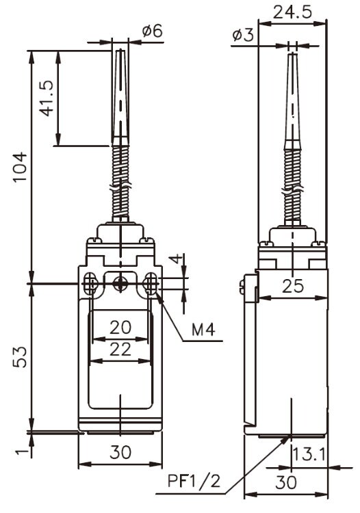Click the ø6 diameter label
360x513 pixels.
pyautogui.click(x=152, y=31)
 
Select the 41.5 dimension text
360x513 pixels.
pyautogui.click(x=45, y=98)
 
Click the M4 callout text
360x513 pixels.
pyautogui.click(x=203, y=330)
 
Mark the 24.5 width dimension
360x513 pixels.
pyautogui.click(x=292, y=12)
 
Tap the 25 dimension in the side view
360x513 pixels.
pyautogui.click(x=293, y=287)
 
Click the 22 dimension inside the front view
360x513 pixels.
pyautogui.click(x=120, y=349)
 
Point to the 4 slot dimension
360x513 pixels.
pyautogui.click(x=177, y=260)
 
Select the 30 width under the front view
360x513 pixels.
pyautogui.click(x=120, y=452)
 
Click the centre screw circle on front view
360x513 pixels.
pyautogui.click(x=120, y=282)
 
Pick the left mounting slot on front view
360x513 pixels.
pyautogui.click(x=89, y=283)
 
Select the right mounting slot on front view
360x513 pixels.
pyautogui.click(x=151, y=283)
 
